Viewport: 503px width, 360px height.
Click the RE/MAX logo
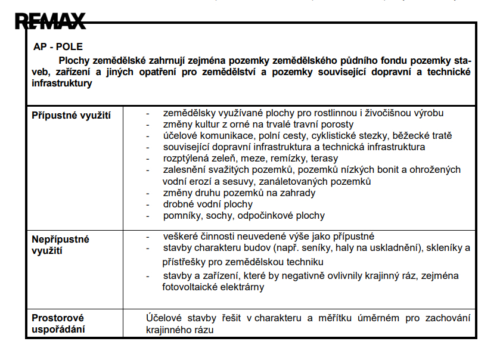pyautogui.click(x=50, y=21)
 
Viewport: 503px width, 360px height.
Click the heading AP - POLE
pyautogui.click(x=58, y=46)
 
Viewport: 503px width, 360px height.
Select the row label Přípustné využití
pyautogui.click(x=71, y=114)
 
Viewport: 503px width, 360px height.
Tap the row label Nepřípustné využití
pyautogui.click(x=60, y=244)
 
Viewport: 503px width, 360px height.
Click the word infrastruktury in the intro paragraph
pyautogui.click(x=61, y=83)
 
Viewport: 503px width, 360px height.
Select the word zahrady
pyautogui.click(x=298, y=193)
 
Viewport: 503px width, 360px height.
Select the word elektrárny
pyautogui.click(x=244, y=287)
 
